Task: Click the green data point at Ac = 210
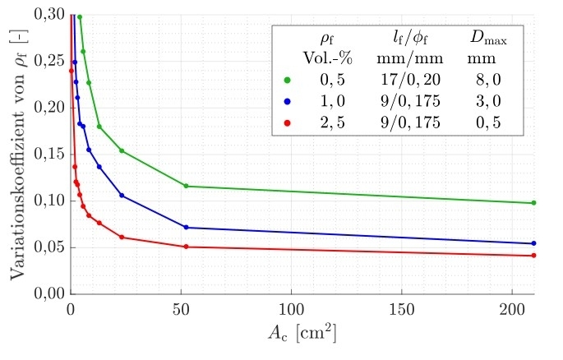[x=534, y=203]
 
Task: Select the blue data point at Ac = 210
[x=534, y=243]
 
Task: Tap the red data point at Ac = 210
[x=534, y=256]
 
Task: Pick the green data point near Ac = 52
[x=187, y=186]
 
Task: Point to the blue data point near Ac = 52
[x=187, y=227]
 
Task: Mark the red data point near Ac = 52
[x=187, y=247]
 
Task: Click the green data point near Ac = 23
[x=122, y=150]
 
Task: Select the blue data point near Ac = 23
[x=122, y=196]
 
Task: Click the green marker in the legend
[x=287, y=81]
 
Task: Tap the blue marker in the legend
[x=287, y=102]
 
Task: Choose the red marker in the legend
[x=287, y=123]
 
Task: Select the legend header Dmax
[x=487, y=38]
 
